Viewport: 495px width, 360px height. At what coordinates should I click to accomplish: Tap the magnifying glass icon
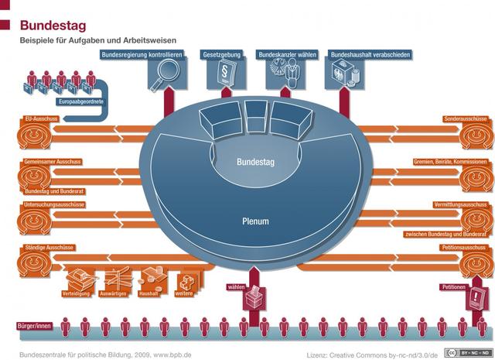coord(166,77)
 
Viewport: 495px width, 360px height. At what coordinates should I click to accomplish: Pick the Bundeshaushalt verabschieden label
coord(370,56)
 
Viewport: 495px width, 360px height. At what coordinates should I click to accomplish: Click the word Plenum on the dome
coord(254,221)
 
